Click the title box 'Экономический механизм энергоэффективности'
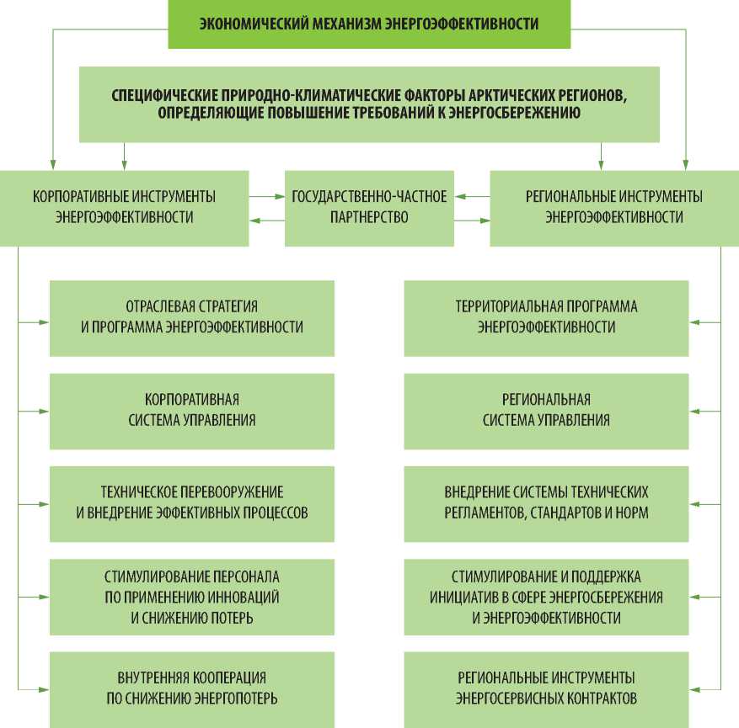(x=368, y=24)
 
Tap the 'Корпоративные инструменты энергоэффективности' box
(x=124, y=207)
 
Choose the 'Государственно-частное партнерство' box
(x=368, y=207)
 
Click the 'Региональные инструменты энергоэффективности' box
(x=613, y=207)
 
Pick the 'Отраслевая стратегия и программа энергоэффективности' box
(x=192, y=317)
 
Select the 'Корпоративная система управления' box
(x=192, y=411)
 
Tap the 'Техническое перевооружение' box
(x=192, y=502)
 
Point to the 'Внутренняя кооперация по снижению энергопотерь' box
(x=192, y=688)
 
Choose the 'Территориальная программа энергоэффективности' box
(x=546, y=317)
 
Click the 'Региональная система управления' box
(x=546, y=411)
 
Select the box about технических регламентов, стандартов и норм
(x=546, y=502)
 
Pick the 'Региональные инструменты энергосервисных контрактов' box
(x=546, y=688)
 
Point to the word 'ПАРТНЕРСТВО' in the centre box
(x=369, y=217)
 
